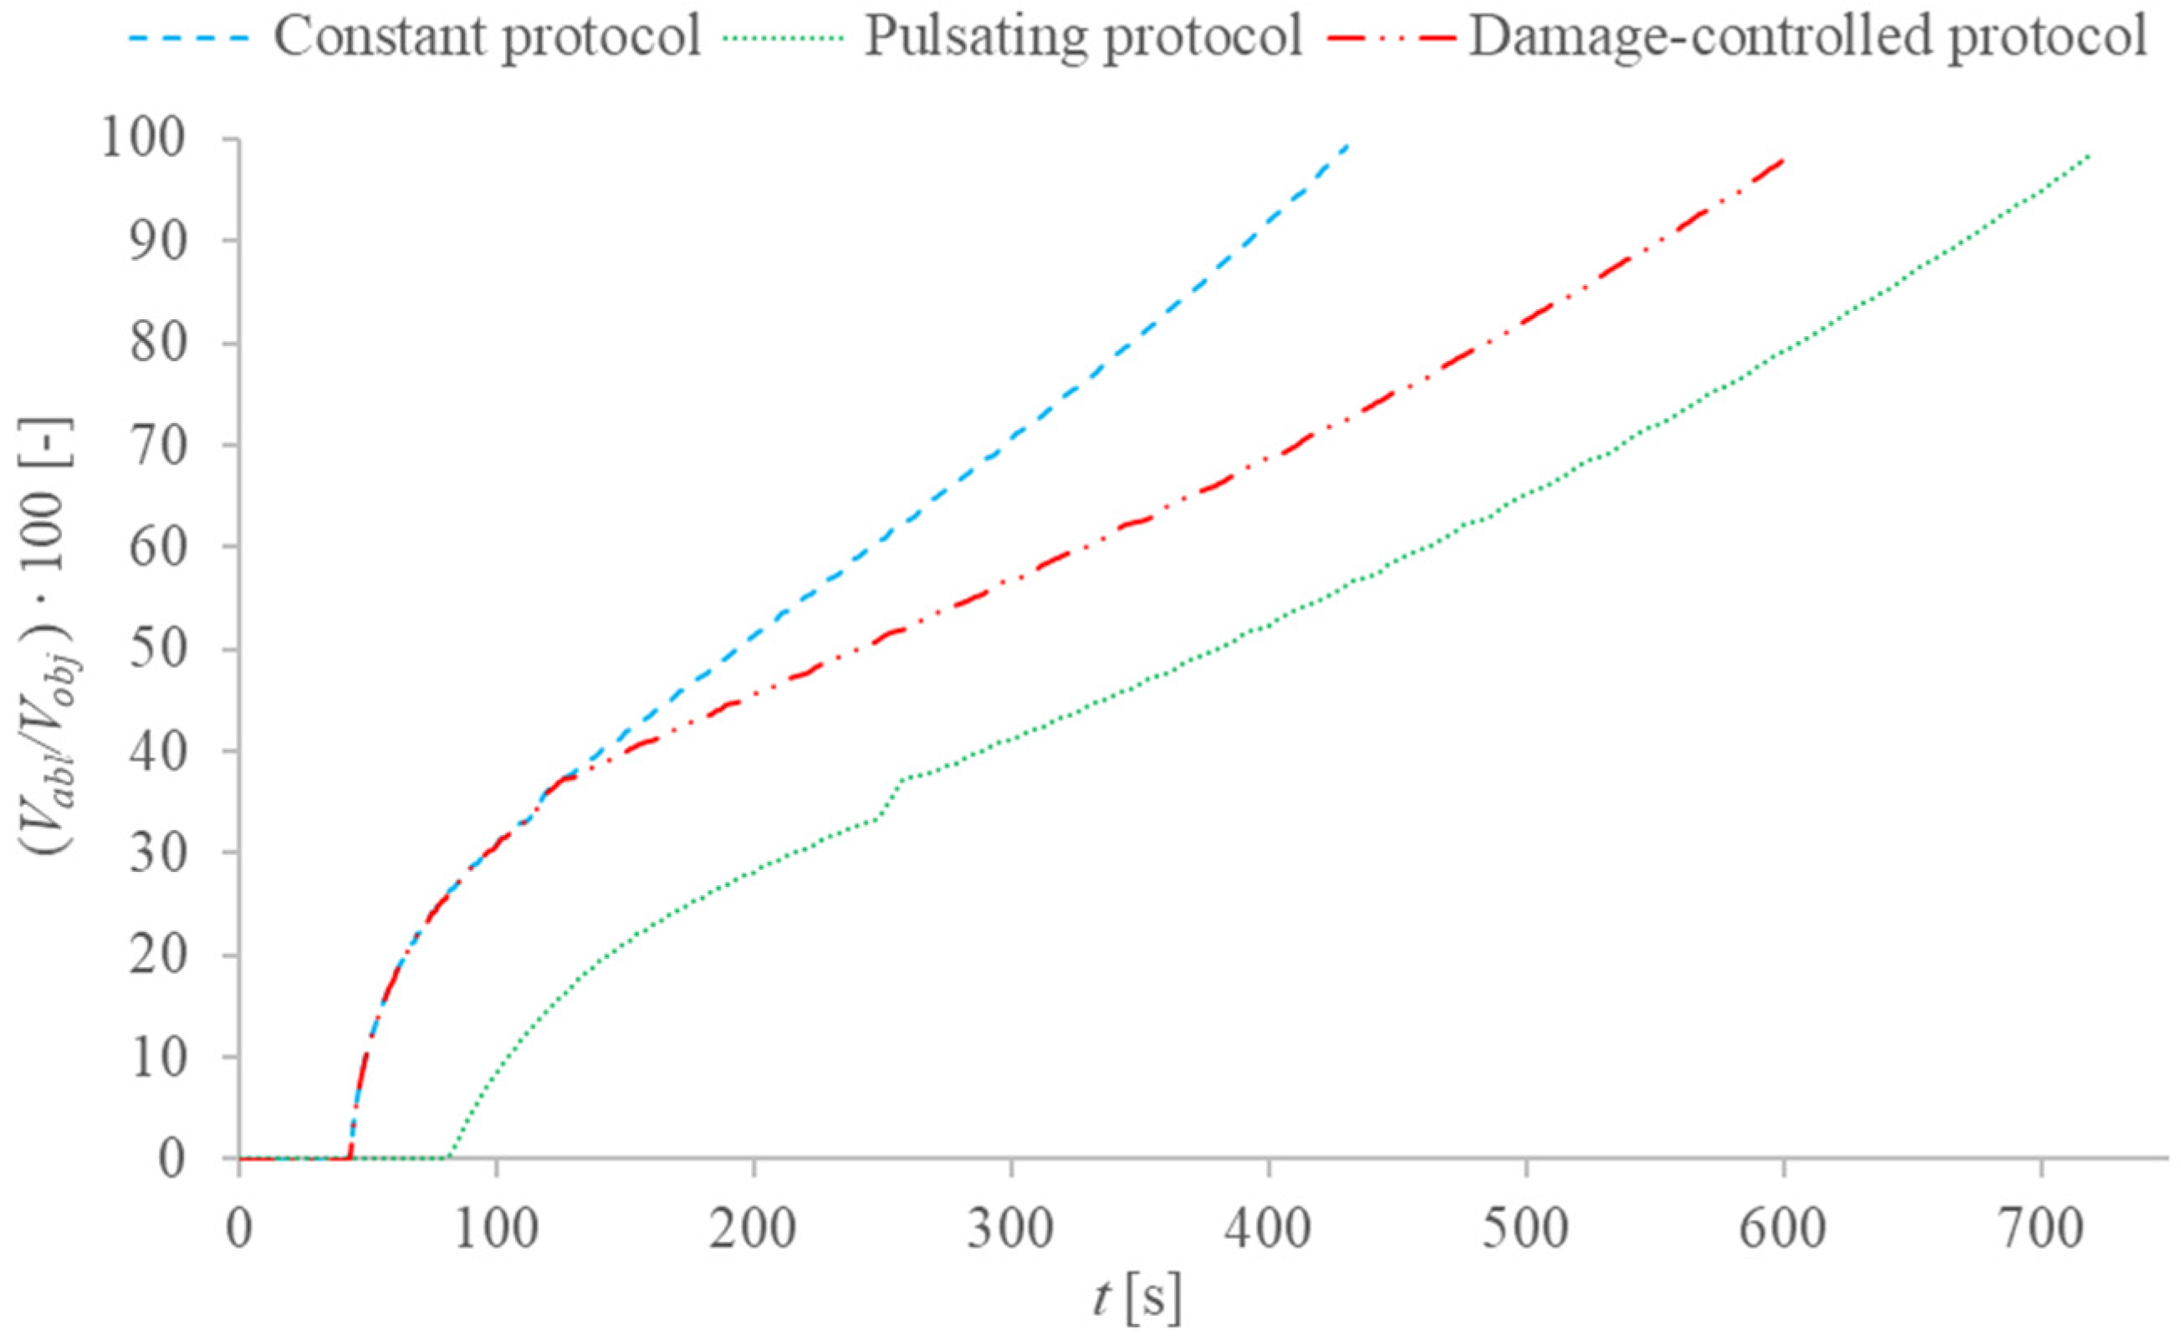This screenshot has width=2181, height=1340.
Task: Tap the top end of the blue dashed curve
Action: (x=1346, y=145)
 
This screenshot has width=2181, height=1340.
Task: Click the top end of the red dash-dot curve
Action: (x=1783, y=160)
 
